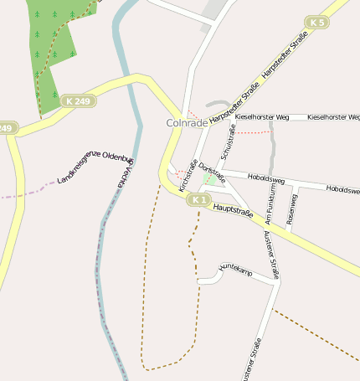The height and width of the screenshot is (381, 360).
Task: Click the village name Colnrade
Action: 187,122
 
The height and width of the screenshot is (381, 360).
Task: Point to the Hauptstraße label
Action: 234,213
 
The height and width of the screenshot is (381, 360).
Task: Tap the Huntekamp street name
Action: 235,270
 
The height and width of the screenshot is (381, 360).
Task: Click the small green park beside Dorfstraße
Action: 208,179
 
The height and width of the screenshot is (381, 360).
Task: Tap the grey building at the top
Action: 217,8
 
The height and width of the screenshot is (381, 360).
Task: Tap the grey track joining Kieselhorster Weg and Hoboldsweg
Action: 272,147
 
